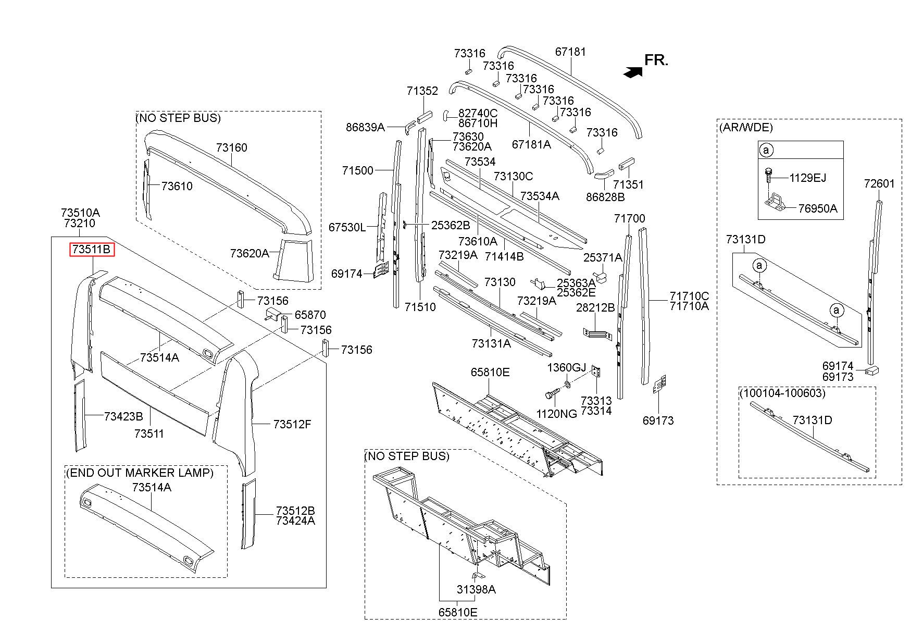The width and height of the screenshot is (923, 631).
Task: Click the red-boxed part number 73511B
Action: click(x=92, y=250)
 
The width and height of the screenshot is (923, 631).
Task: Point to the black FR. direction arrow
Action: click(x=632, y=72)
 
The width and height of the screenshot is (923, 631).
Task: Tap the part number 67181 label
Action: click(x=570, y=52)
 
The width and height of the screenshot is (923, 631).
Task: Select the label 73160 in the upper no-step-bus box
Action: click(x=232, y=147)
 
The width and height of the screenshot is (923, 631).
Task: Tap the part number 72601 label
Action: click(x=879, y=183)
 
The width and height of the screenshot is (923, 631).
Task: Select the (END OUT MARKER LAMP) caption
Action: click(x=140, y=473)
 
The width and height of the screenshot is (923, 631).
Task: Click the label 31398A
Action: click(x=476, y=589)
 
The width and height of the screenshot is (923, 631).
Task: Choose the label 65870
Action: click(x=310, y=315)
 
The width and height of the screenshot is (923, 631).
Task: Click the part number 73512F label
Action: click(x=292, y=424)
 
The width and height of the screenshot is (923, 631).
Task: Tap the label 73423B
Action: click(x=123, y=416)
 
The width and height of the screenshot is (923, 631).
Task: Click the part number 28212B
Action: click(x=595, y=307)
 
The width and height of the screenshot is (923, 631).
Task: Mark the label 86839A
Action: click(x=365, y=127)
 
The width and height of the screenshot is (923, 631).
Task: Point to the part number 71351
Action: click(x=628, y=184)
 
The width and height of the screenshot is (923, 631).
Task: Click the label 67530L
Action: click(x=347, y=227)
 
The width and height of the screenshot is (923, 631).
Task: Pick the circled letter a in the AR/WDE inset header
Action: click(x=766, y=150)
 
